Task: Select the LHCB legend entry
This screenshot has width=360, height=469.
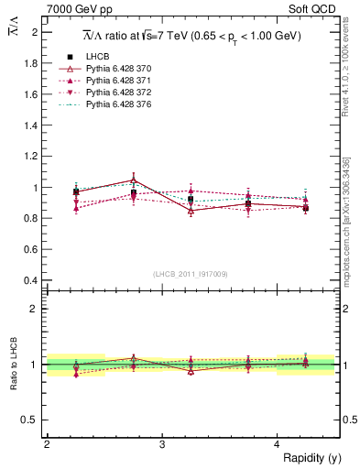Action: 97,57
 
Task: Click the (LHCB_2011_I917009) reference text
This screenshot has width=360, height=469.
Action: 190,273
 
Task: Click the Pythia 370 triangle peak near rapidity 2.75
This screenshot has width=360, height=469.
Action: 134,180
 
